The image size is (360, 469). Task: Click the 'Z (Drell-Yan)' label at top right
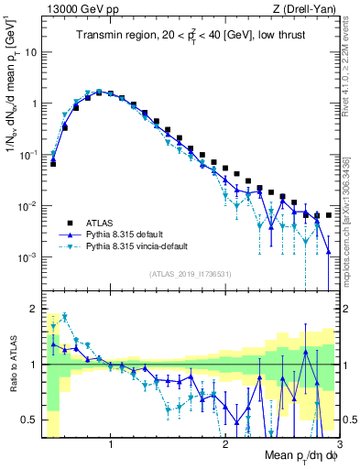point(308,8)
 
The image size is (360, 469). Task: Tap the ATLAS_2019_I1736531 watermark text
point(191,274)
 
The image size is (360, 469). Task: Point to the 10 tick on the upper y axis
point(32,52)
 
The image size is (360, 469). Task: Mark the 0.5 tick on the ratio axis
point(32,420)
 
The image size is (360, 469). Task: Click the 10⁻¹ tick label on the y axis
point(30,156)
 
